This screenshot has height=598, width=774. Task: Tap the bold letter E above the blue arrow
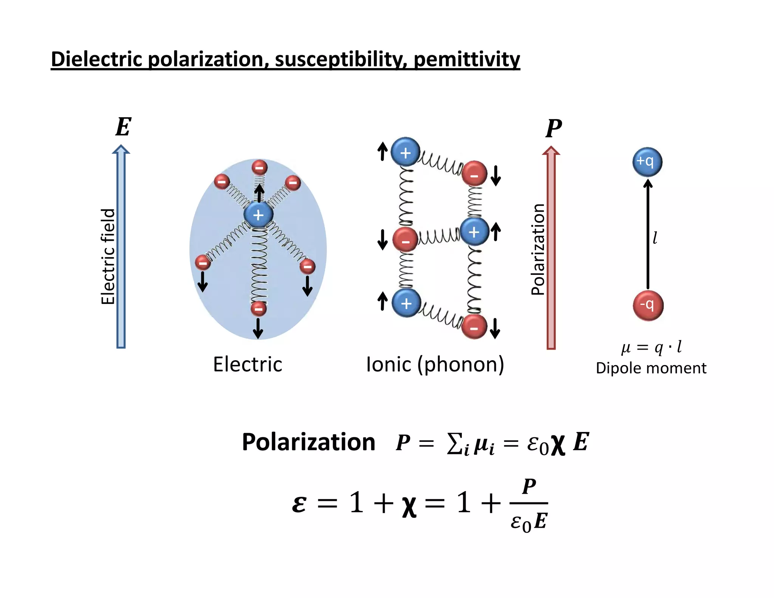(x=123, y=127)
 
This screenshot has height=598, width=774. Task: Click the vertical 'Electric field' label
(x=108, y=256)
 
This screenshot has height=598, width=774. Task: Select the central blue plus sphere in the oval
(x=258, y=215)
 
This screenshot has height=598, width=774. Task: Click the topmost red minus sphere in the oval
(x=259, y=167)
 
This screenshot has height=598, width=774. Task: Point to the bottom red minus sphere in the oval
(x=259, y=308)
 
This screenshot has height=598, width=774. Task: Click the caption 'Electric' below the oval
(x=248, y=364)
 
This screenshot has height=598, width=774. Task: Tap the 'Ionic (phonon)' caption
(x=435, y=364)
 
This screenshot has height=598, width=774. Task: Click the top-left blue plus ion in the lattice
(x=405, y=152)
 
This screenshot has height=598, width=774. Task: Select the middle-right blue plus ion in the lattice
(x=474, y=232)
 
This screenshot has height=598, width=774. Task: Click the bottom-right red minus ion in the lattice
(x=474, y=327)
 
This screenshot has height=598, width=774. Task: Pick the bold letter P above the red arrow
(x=553, y=129)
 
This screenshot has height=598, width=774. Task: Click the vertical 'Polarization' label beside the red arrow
(x=538, y=249)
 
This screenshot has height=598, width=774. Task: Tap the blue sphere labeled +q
(x=647, y=162)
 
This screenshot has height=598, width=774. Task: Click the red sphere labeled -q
(x=648, y=305)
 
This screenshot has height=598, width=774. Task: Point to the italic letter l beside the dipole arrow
(x=655, y=238)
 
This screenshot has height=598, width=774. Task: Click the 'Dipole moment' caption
(x=651, y=368)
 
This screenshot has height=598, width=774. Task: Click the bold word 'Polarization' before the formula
(x=308, y=442)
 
